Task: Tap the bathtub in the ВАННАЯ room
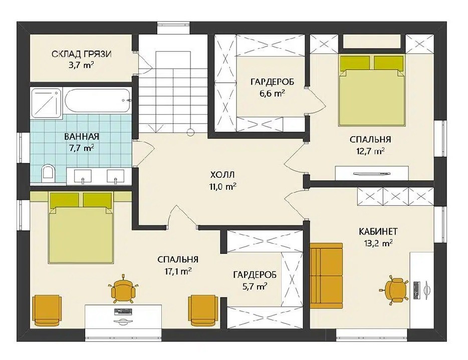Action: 98,101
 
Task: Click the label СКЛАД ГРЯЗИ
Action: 82,54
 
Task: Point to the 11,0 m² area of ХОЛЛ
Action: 222,187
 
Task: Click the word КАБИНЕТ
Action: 378,231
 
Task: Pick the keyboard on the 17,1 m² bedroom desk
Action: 123,311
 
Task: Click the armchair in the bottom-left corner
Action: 47,310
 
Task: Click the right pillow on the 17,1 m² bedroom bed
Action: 97,200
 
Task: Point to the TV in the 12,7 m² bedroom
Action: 372,173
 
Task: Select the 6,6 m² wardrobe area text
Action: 272,93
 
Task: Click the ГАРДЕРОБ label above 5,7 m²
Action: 255,275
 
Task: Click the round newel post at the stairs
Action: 190,132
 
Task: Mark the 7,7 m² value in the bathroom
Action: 82,148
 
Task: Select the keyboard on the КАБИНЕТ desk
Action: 416,289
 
